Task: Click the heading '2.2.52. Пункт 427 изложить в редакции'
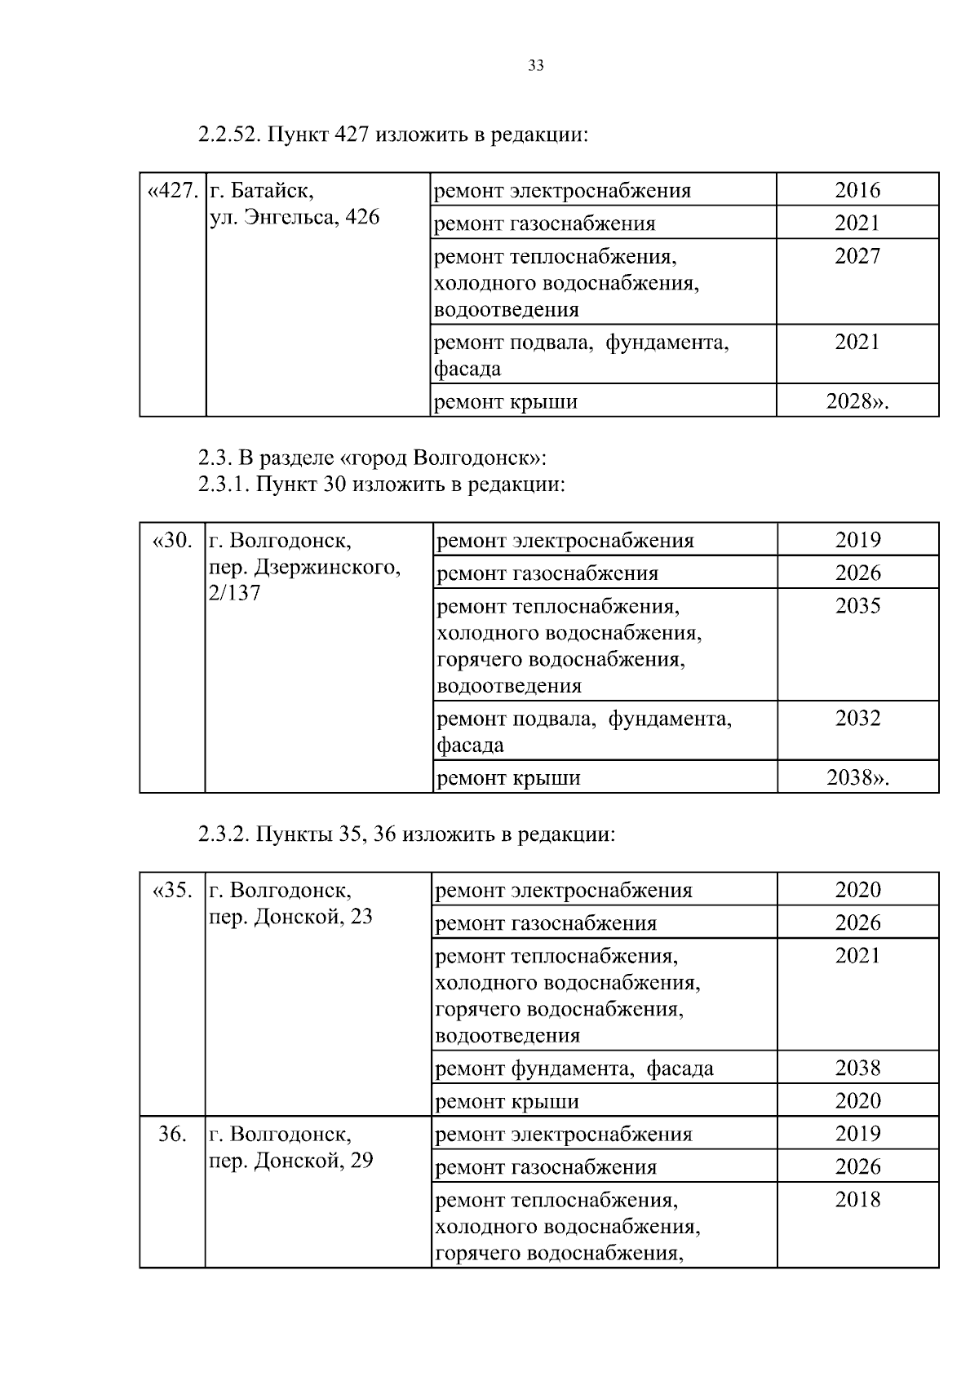click(392, 135)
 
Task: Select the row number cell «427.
click(172, 191)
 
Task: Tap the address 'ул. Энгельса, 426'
click(295, 218)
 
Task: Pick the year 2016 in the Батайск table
click(857, 191)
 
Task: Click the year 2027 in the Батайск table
click(857, 256)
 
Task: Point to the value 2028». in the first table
click(857, 402)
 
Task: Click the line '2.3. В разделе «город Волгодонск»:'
click(372, 457)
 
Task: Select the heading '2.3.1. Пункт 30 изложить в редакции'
click(381, 485)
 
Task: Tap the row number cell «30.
click(172, 541)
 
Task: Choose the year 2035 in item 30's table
click(858, 606)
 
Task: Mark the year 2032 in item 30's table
click(858, 719)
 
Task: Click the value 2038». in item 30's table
click(858, 778)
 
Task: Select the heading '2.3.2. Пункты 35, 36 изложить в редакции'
click(405, 834)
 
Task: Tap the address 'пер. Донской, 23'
click(290, 917)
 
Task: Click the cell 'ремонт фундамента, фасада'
click(574, 1069)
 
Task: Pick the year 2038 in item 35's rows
click(858, 1069)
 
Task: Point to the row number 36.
click(172, 1135)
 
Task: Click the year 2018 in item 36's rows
click(858, 1200)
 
